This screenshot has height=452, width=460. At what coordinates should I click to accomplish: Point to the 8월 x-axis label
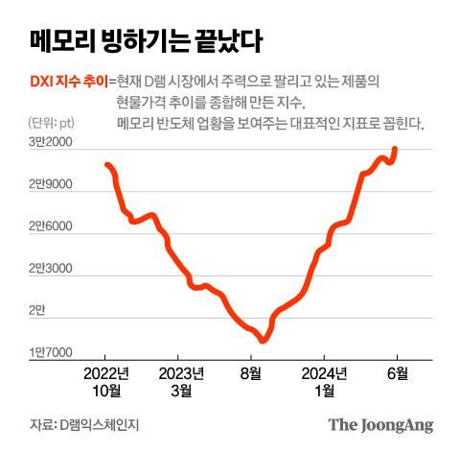point(251,373)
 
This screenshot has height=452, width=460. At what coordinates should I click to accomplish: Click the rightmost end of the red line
point(396,149)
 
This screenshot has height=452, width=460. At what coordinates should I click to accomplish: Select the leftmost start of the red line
point(106,165)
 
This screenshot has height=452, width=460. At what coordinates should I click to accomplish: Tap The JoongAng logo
point(380,424)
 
